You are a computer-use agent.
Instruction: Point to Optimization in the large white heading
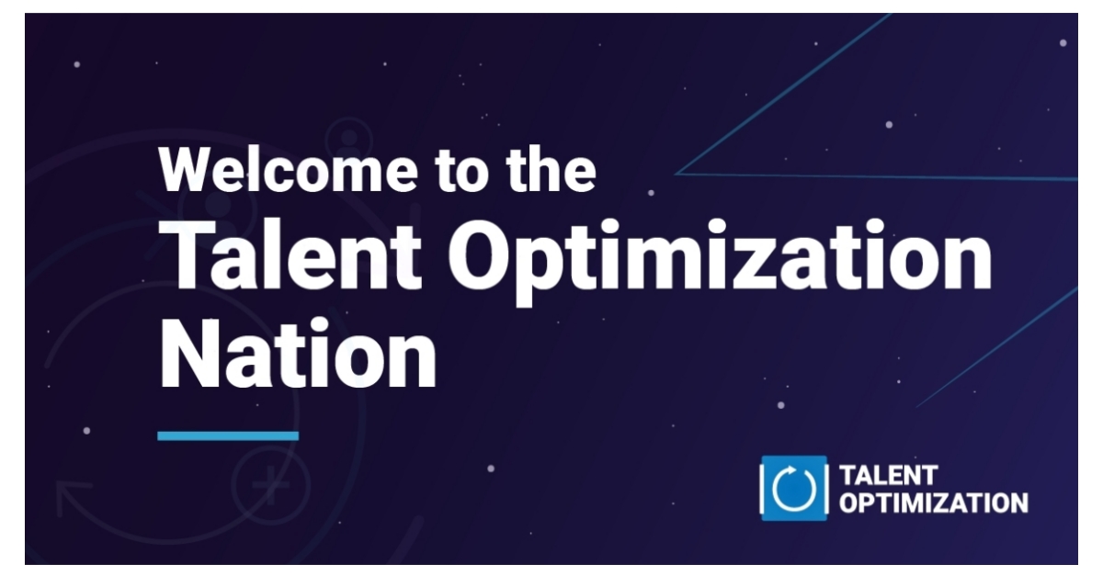click(x=726, y=257)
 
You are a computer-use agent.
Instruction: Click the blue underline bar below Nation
click(x=228, y=435)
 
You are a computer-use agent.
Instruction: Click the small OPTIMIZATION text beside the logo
click(x=934, y=503)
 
